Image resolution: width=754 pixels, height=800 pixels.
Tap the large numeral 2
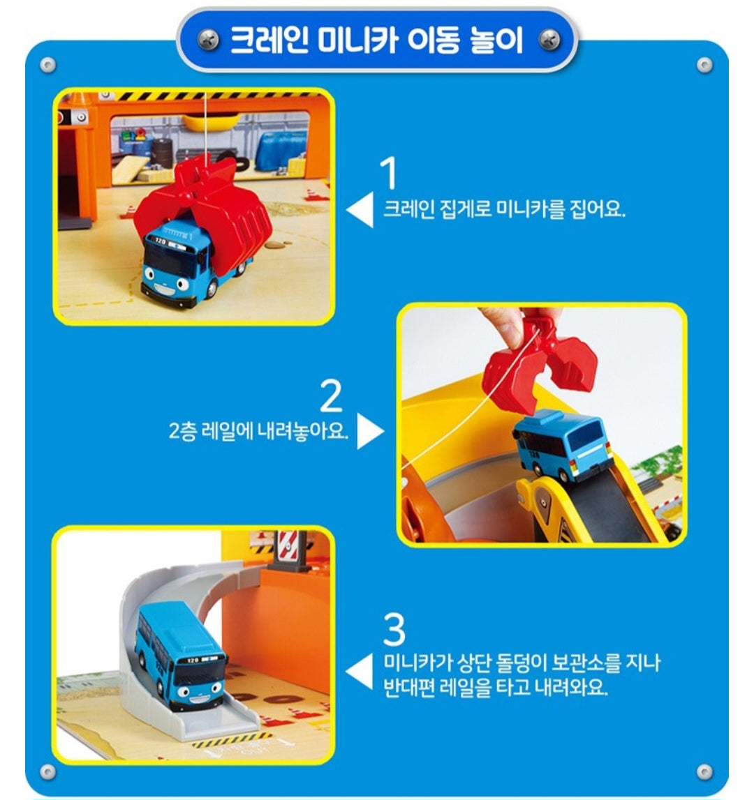[x=331, y=395]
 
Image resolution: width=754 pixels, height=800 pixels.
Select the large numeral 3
[x=394, y=630]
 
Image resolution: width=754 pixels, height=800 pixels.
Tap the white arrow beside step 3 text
[x=360, y=672]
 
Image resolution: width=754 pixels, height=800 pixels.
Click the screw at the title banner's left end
[x=208, y=40]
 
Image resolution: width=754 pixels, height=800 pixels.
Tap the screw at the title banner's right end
[x=549, y=40]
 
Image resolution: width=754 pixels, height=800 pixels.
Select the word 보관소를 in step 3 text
[x=579, y=662]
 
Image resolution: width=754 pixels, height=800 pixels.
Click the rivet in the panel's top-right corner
[x=704, y=65]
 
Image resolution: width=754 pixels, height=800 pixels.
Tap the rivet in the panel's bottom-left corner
[x=47, y=771]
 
